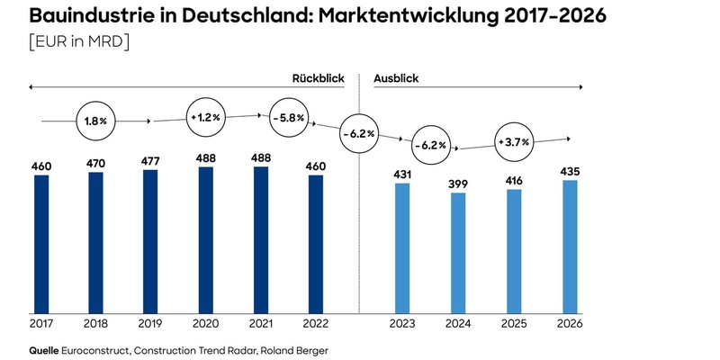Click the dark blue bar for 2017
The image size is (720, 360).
pyautogui.click(x=41, y=243)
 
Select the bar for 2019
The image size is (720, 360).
pyautogui.click(x=150, y=240)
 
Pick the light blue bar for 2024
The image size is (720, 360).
pyautogui.click(x=458, y=252)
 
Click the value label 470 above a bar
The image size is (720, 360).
pyautogui.click(x=96, y=164)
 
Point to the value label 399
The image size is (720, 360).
pyautogui.click(x=458, y=184)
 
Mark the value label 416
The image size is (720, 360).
pyautogui.click(x=514, y=181)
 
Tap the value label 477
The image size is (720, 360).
pyautogui.click(x=150, y=161)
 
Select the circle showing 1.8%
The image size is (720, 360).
pyautogui.click(x=97, y=120)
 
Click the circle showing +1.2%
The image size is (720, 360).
pyautogui.click(x=205, y=118)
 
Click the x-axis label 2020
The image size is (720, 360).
pyautogui.click(x=205, y=323)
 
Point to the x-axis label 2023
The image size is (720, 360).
pyautogui.click(x=401, y=323)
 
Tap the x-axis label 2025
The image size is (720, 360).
pyautogui.click(x=514, y=323)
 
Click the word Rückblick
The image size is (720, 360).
pyautogui.click(x=318, y=78)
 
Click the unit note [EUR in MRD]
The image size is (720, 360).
pyautogui.click(x=79, y=42)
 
